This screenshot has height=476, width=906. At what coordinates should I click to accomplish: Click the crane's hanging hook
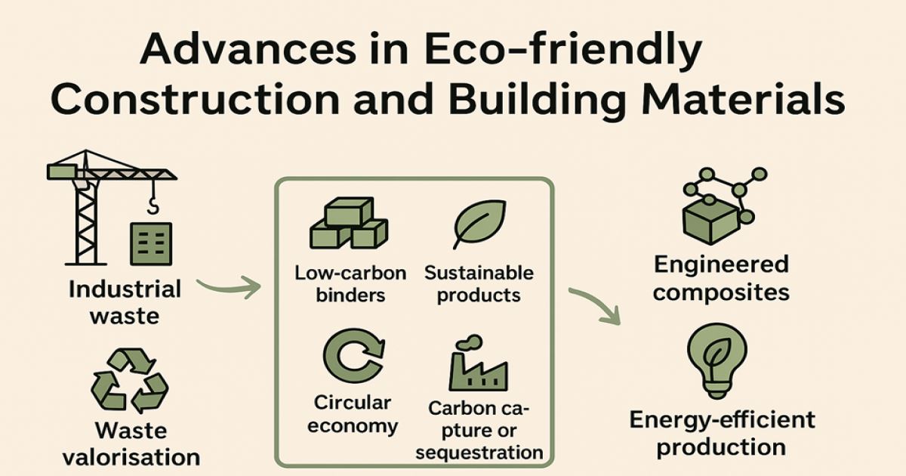tap(153, 203)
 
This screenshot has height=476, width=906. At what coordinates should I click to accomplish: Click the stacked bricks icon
tap(349, 225)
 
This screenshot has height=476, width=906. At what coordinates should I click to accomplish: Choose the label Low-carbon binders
tap(350, 283)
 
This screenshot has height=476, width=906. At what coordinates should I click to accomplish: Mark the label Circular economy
tap(353, 414)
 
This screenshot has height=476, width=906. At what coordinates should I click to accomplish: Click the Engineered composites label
tap(721, 278)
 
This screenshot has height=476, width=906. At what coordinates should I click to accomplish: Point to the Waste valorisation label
tap(131, 444)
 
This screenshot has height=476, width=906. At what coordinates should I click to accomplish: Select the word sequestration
tap(479, 453)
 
